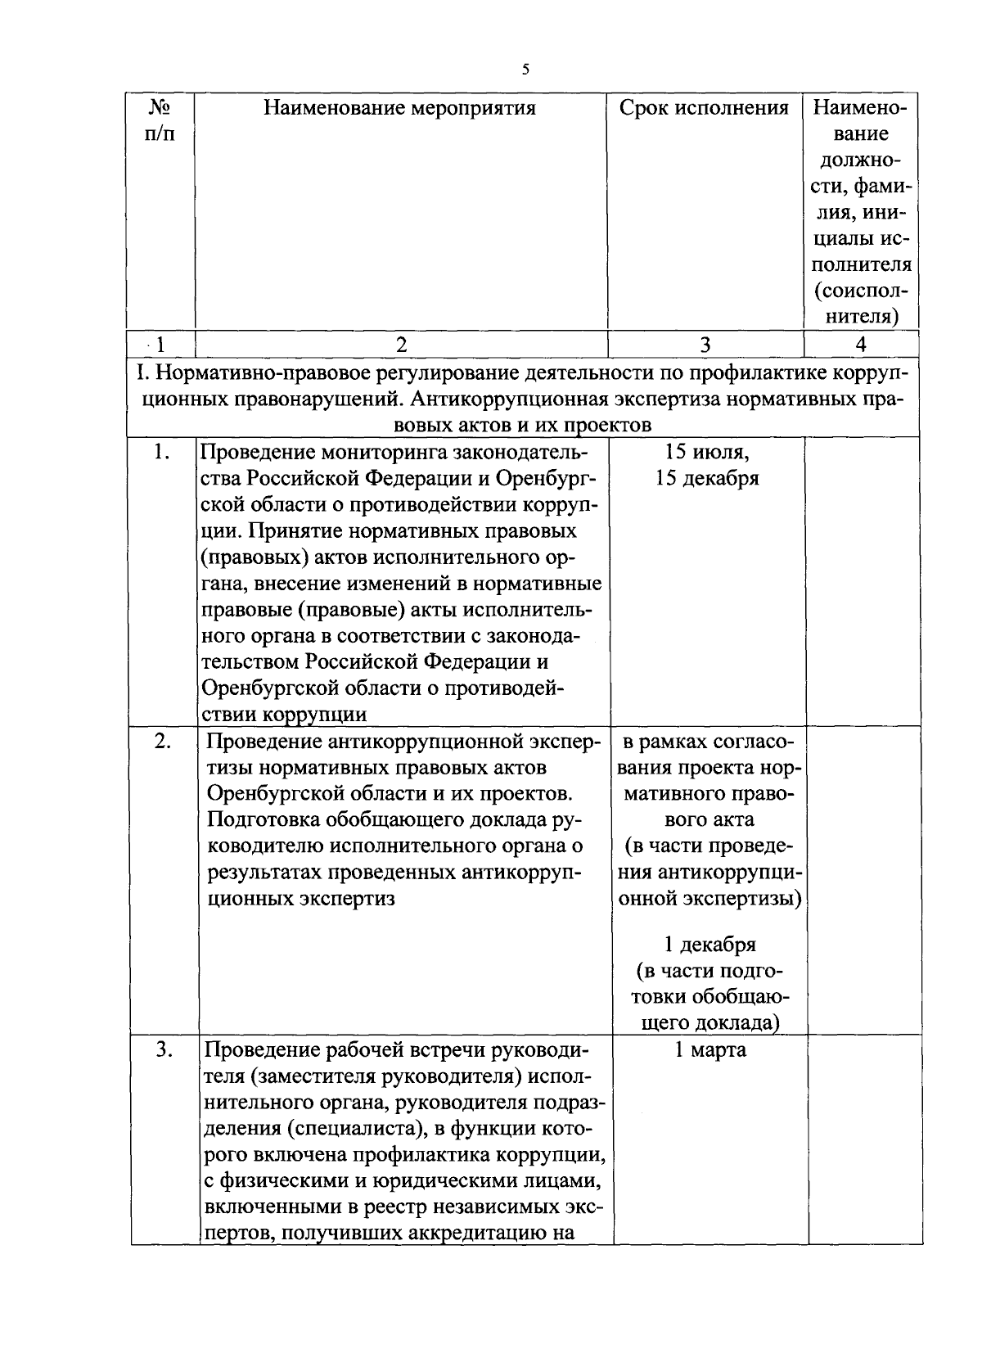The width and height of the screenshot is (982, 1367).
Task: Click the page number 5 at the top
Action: [525, 70]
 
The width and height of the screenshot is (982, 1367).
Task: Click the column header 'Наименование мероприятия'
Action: [399, 108]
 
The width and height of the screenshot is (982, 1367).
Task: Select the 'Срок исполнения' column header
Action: [704, 108]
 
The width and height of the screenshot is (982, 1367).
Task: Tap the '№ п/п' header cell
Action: [160, 120]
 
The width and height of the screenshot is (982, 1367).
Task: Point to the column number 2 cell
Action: [401, 345]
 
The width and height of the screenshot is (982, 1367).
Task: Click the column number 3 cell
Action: [705, 345]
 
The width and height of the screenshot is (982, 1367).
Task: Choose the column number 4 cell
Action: [860, 345]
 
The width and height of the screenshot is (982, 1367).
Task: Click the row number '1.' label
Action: [161, 453]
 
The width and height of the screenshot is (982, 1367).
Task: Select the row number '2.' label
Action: [163, 742]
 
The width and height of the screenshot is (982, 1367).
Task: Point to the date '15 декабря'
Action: [707, 478]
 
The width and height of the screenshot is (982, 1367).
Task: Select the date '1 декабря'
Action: [709, 945]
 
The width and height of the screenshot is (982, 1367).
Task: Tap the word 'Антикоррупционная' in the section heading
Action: [515, 399]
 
